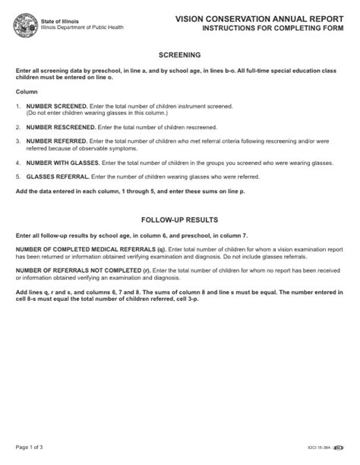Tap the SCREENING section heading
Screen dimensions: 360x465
pos(179,55)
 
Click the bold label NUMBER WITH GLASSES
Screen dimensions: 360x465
pos(63,162)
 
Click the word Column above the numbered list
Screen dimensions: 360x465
pos(25,91)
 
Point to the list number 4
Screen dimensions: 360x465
pos(17,162)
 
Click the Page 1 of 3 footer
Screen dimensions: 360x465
pos(29,448)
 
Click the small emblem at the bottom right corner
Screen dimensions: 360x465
pos(339,448)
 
